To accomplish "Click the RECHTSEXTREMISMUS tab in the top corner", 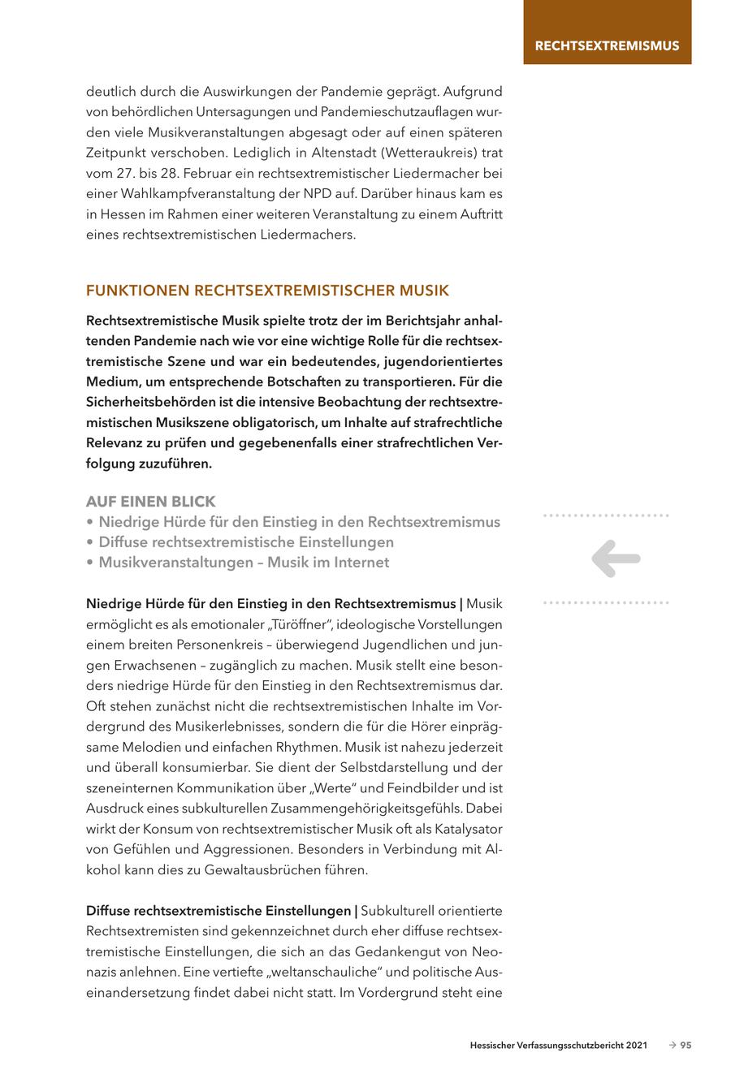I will [607, 45].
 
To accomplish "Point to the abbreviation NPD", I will [364, 193].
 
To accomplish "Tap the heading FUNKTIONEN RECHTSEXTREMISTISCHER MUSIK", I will [267, 291].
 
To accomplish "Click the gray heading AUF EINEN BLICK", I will [151, 502].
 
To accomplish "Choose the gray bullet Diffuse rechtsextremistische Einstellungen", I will [245, 542].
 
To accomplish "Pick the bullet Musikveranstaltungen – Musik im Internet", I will [244, 563].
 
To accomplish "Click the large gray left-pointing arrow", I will [616, 559].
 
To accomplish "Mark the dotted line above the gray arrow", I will [606, 515].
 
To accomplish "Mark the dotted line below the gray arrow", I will [606, 603].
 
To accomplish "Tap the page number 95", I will [686, 1046].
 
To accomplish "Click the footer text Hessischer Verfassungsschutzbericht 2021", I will [558, 1046].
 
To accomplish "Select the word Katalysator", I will [465, 829].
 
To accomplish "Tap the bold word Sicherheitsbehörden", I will [149, 402].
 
